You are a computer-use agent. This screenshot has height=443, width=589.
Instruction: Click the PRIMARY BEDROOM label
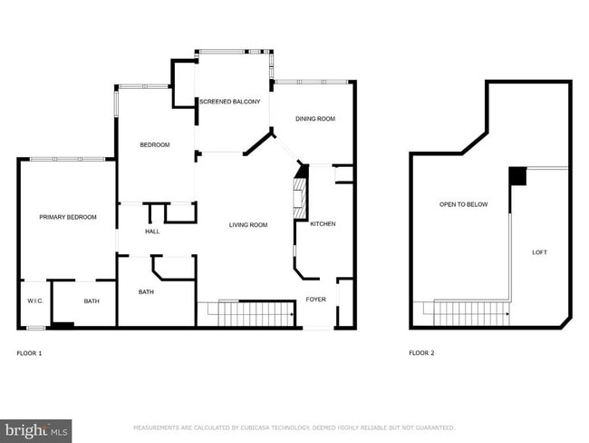pyautogui.click(x=67, y=217)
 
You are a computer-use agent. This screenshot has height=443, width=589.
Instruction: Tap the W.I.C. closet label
pyautogui.click(x=35, y=301)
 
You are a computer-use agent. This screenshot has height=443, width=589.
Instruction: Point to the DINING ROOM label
pyautogui.click(x=315, y=119)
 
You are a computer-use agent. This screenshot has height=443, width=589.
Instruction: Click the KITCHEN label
pyautogui.click(x=323, y=223)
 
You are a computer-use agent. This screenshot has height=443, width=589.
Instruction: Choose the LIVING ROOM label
pyautogui.click(x=247, y=225)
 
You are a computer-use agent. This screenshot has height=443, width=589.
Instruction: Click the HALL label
pyautogui.click(x=152, y=232)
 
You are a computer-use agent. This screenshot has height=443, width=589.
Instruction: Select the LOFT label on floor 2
pyautogui.click(x=539, y=252)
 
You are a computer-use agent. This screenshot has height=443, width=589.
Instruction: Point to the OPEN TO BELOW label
pyautogui.click(x=463, y=204)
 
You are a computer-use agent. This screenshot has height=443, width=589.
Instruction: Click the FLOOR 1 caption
pyautogui.click(x=29, y=352)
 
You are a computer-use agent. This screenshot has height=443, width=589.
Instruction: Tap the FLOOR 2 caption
pyautogui.click(x=421, y=352)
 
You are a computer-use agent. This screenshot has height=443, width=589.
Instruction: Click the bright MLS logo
pyautogui.click(x=36, y=428)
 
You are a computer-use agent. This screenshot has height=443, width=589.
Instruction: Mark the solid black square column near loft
pyautogui.click(x=517, y=175)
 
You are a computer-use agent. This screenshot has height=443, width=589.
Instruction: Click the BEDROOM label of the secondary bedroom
pyautogui.click(x=154, y=145)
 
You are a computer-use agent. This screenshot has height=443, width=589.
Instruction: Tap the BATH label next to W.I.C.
pyautogui.click(x=92, y=301)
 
